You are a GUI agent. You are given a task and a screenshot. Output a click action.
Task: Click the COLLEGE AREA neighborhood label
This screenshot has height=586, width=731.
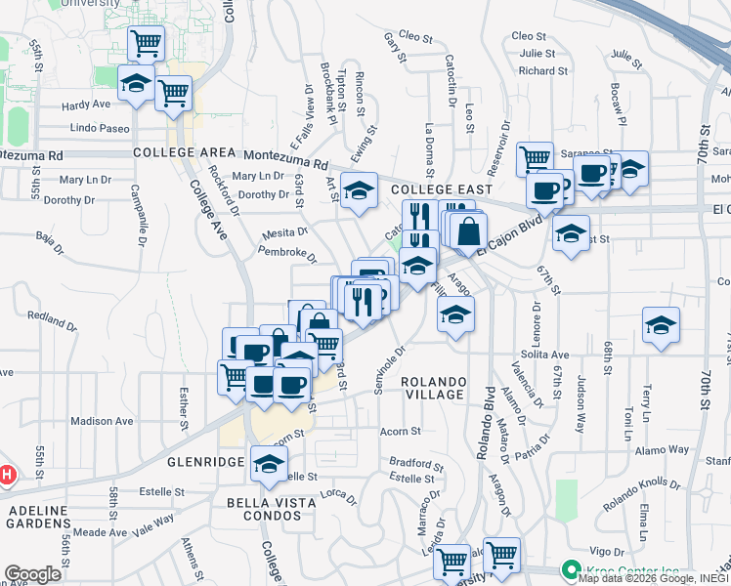[x=185, y=152]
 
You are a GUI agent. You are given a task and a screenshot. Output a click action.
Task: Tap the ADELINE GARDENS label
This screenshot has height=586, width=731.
[x=39, y=517]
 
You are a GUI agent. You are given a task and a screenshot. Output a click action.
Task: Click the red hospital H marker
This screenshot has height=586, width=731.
[x=5, y=476]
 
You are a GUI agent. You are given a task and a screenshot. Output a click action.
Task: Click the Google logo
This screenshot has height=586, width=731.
[x=32, y=574]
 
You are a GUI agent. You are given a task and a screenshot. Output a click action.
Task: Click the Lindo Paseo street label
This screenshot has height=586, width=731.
[x=100, y=129]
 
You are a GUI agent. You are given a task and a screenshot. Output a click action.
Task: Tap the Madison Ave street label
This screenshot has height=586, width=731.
[x=101, y=421]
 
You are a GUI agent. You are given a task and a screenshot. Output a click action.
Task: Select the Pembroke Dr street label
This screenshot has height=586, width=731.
[x=287, y=254]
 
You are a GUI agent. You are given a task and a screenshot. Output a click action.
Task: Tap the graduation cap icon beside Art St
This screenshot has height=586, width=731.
[x=360, y=190]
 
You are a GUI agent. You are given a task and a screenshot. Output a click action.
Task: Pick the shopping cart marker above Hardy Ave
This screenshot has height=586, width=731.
[x=146, y=43]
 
